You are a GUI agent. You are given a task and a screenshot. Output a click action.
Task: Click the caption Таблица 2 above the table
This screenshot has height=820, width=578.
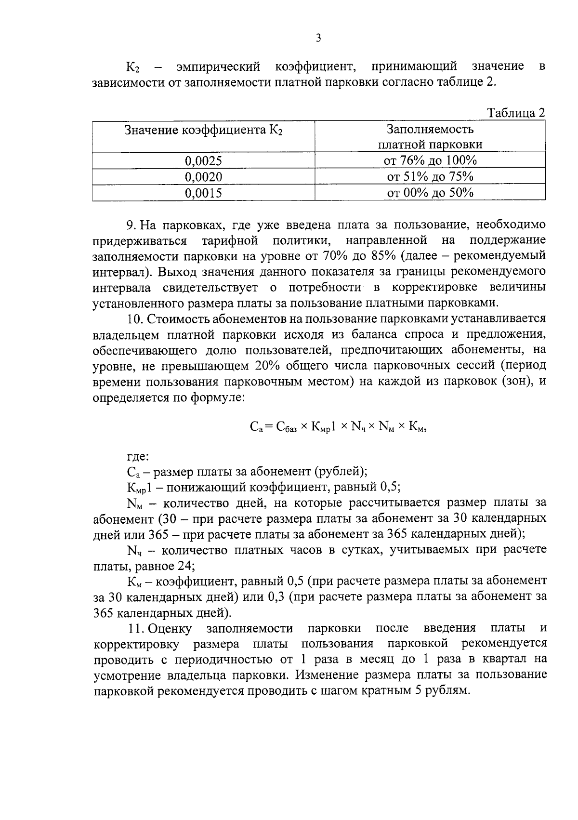tap(516, 113)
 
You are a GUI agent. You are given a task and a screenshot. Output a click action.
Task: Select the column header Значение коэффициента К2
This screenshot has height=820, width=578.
tap(203, 131)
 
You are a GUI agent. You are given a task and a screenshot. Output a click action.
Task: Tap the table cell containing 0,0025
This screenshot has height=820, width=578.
tap(203, 161)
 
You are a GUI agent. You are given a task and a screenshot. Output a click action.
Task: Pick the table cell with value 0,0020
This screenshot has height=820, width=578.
tap(203, 177)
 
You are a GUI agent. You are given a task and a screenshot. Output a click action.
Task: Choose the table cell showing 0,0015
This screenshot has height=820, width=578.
tap(203, 193)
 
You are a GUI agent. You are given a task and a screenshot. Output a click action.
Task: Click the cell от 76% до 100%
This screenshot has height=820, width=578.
tap(430, 160)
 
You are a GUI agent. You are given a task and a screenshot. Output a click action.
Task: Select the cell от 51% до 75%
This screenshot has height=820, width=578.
tap(430, 177)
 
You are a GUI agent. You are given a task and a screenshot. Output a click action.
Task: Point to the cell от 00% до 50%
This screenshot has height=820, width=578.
tap(430, 193)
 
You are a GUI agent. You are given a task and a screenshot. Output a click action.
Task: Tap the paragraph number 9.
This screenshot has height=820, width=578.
tap(130, 225)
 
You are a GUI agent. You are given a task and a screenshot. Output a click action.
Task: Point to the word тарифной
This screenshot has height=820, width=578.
tap(230, 240)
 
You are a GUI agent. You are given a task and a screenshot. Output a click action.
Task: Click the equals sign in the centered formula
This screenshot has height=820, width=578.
tap(268, 426)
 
